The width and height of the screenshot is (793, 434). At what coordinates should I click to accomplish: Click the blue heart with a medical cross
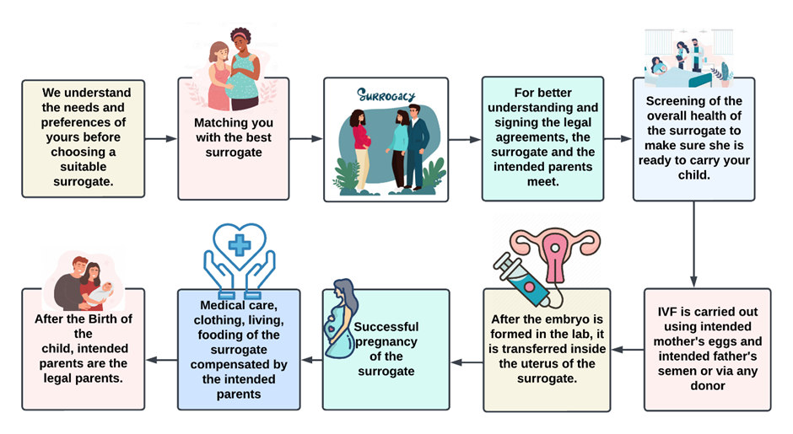pyautogui.click(x=239, y=245)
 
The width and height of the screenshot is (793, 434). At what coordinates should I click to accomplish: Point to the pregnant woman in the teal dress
pyautogui.click(x=343, y=324)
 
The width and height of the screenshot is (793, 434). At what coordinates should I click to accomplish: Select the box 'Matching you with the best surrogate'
pyautogui.click(x=233, y=138)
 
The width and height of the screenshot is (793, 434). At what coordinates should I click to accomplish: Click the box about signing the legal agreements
pyautogui.click(x=542, y=138)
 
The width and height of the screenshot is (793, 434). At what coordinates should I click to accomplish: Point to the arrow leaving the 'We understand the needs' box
pyautogui.click(x=161, y=138)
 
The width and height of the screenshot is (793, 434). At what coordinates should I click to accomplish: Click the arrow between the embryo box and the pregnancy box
pyautogui.click(x=466, y=362)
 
